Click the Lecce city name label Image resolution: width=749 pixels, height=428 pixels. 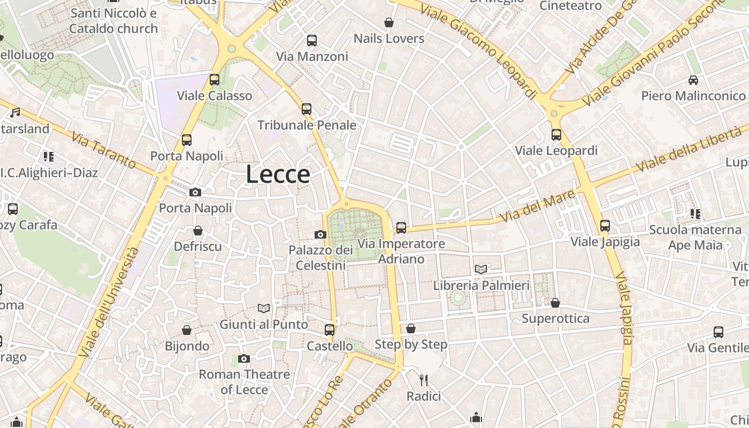point(278,174)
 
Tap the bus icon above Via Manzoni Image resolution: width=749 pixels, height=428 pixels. point(311,41)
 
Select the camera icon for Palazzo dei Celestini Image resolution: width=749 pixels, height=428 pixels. point(320,234)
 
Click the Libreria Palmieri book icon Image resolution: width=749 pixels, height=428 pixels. point(481,270)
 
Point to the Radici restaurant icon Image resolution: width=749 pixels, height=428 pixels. point(424,380)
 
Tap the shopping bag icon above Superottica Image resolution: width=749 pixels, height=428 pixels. point(555,303)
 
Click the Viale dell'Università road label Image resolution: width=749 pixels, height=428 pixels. point(109,302)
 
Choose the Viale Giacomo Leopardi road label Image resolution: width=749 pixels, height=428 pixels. point(478,51)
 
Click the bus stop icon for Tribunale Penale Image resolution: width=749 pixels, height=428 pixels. point(306,109)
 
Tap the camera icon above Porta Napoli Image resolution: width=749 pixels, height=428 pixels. point(195,192)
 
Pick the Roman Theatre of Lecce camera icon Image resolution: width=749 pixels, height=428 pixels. point(244,358)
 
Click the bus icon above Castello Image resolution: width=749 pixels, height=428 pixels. point(330,330)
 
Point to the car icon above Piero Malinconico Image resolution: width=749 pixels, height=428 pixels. point(693,80)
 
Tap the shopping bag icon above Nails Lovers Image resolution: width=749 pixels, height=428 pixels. point(389,22)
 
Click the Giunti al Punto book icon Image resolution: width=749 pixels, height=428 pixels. point(264,308)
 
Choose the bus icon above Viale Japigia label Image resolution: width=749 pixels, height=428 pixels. point(605,226)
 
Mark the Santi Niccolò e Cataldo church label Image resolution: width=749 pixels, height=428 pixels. point(113,21)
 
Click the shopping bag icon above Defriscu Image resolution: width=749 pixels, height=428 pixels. point(198,231)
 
